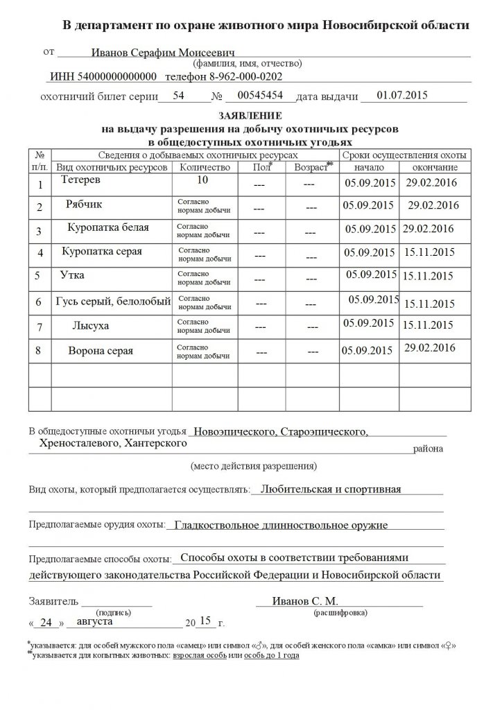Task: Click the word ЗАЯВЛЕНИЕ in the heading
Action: (x=250, y=115)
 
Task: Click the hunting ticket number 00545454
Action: (x=259, y=96)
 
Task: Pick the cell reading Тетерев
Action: (x=80, y=180)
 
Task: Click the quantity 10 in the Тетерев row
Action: (x=202, y=180)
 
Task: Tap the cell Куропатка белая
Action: (x=108, y=227)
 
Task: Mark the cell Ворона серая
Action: (x=101, y=349)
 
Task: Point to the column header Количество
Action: (x=204, y=167)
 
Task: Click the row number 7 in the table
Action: (x=40, y=326)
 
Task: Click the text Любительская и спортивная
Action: (x=326, y=488)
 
